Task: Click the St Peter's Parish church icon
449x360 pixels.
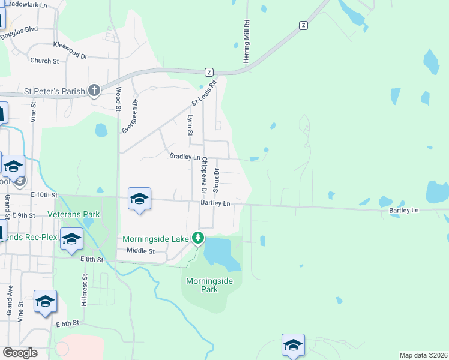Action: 94,91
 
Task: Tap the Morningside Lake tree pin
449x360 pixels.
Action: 197,238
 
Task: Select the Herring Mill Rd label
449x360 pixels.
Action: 246,41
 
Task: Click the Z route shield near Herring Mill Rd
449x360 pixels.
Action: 304,25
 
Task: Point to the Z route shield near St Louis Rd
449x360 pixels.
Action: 209,71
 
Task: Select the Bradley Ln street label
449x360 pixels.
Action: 185,156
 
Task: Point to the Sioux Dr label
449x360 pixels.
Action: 217,179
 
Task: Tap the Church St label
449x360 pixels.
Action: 44,61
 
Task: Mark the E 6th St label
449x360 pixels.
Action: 68,323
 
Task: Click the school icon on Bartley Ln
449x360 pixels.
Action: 139,199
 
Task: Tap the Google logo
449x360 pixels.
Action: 20,353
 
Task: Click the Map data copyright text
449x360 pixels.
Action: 423,355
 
